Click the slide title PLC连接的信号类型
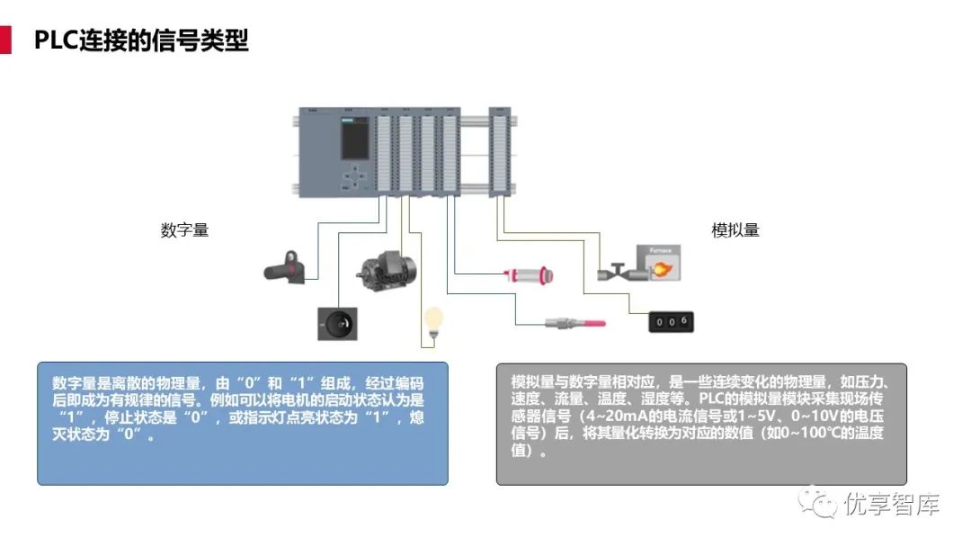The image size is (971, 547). (x=141, y=40)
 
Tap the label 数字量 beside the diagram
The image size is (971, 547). (x=184, y=230)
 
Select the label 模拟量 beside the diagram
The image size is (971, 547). (x=735, y=230)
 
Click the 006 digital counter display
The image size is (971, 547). (x=672, y=320)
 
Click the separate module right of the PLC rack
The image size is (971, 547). (x=500, y=150)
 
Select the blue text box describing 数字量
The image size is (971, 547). (x=243, y=423)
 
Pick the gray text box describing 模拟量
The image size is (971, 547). (x=701, y=423)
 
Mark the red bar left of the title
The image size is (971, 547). (x=5, y=40)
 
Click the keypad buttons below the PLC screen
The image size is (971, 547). (x=357, y=176)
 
